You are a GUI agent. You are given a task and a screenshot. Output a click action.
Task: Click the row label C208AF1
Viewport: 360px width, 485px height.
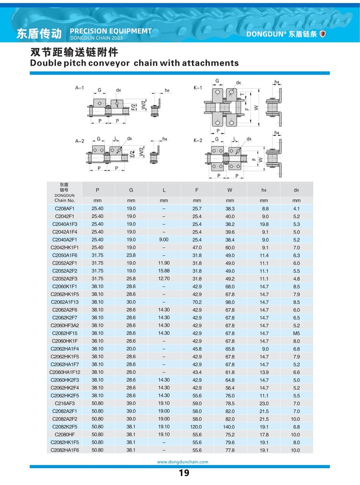(64, 209)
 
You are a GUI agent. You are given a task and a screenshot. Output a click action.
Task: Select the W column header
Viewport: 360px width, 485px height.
(230, 190)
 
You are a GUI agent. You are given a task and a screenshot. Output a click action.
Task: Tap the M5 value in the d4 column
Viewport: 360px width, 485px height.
(296, 333)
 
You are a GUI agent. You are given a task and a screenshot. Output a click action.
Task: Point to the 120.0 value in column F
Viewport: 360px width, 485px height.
(197, 427)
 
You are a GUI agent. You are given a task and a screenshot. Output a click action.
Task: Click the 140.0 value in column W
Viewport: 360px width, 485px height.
(230, 427)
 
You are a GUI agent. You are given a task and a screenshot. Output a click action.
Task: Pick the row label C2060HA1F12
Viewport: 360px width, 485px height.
(64, 372)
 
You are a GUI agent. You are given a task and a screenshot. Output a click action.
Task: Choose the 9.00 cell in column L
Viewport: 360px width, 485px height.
(164, 240)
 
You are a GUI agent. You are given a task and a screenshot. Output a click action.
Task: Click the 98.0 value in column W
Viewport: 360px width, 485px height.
(230, 302)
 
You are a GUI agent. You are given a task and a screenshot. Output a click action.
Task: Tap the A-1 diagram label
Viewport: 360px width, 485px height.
(80, 88)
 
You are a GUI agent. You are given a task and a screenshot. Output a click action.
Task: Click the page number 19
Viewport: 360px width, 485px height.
(184, 473)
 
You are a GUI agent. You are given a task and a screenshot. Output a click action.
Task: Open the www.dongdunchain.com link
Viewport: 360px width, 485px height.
(182, 462)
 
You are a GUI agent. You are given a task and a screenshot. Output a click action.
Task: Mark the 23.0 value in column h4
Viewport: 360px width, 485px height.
(264, 404)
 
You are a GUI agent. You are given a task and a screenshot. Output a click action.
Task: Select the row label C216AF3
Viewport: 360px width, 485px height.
(64, 404)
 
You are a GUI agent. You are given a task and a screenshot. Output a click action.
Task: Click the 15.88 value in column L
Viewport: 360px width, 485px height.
(164, 271)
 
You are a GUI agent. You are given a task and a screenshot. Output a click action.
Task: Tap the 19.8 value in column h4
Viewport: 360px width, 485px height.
(264, 224)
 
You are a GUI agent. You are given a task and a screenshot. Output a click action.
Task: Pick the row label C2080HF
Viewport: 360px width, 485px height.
(64, 435)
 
